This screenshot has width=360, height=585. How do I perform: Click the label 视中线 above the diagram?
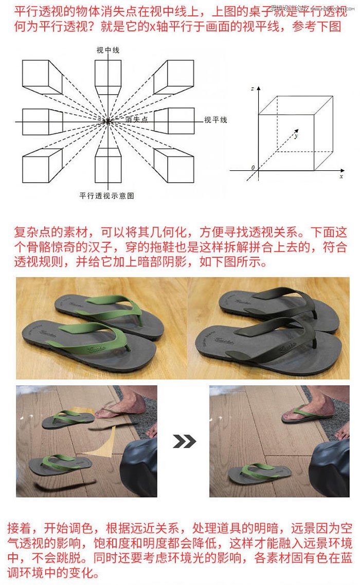[x=107, y=50]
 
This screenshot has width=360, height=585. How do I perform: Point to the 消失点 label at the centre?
[x=136, y=119]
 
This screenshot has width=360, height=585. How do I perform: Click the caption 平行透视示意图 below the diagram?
[x=106, y=196]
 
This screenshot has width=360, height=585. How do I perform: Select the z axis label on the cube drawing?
[x=253, y=89]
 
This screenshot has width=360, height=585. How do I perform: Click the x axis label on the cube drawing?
[x=341, y=175]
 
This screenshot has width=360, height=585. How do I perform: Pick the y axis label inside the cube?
[x=296, y=136]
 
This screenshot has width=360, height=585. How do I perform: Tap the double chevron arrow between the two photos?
[x=184, y=441]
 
